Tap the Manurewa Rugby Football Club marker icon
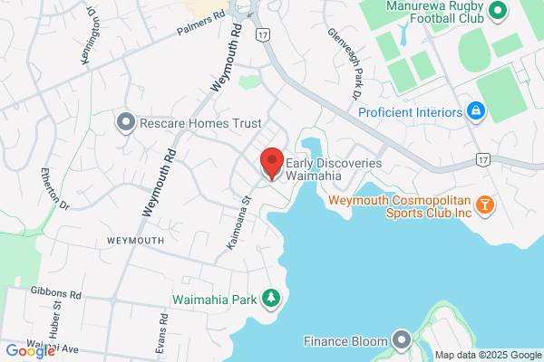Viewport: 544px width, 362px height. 496,12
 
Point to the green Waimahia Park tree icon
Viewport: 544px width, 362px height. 270,298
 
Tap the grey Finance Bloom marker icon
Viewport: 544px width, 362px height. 402,340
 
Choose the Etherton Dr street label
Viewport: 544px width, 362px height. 53,187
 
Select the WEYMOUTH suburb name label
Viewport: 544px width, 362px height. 135,241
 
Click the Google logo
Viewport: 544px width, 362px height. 30,351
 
